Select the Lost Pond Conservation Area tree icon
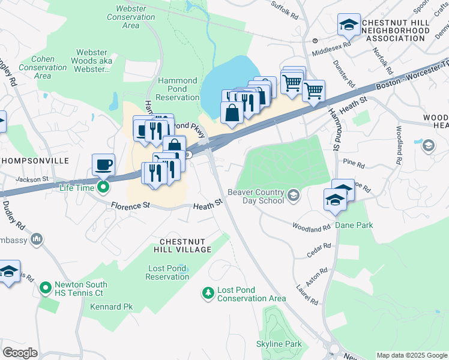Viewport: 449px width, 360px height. pyautogui.click(x=208, y=293)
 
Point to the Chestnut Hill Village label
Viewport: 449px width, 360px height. pyautogui.click(x=185, y=245)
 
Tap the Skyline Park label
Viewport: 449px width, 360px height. pyautogui.click(x=279, y=344)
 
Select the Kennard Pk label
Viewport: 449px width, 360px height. pyautogui.click(x=111, y=307)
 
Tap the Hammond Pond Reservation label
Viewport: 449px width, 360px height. pyautogui.click(x=178, y=89)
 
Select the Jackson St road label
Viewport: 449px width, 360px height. pyautogui.click(x=32, y=179)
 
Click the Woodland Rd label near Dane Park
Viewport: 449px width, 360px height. pyautogui.click(x=311, y=227)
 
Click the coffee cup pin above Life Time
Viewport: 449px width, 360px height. pyautogui.click(x=103, y=164)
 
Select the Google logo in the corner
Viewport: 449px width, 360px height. pyautogui.click(x=20, y=353)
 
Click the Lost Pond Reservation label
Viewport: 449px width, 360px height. pyautogui.click(x=167, y=272)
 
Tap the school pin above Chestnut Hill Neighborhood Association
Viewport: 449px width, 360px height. pyautogui.click(x=348, y=25)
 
